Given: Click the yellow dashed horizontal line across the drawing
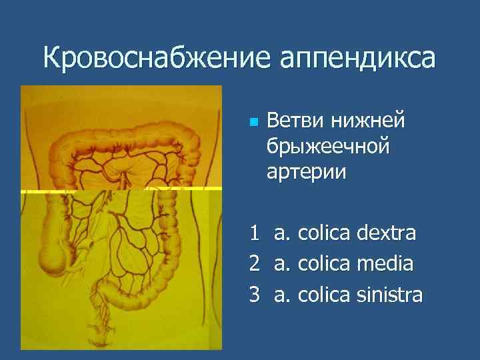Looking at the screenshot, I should coord(120,191).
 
